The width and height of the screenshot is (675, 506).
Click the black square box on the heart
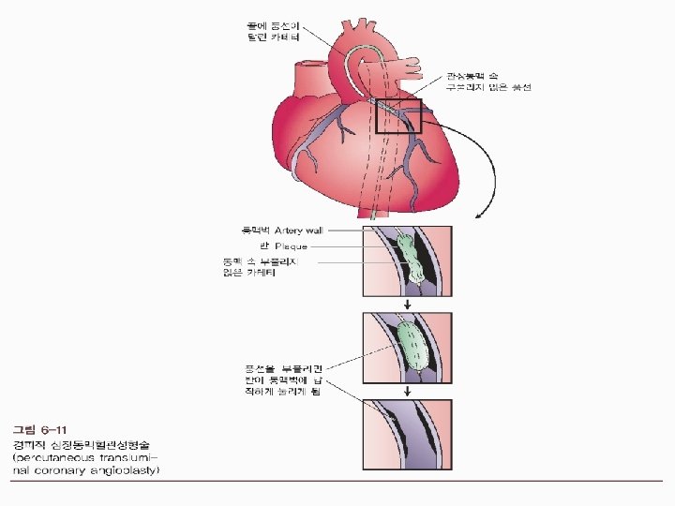398,116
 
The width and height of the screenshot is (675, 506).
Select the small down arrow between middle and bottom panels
408,389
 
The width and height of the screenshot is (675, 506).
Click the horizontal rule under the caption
337,484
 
